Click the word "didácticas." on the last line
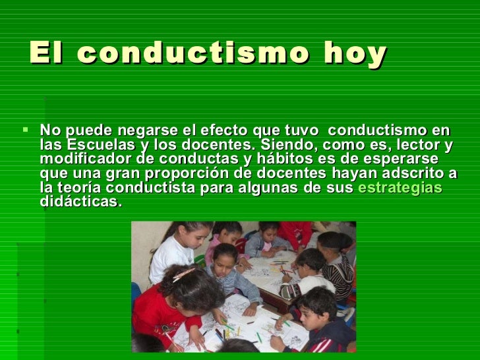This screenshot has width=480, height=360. click(x=80, y=201)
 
